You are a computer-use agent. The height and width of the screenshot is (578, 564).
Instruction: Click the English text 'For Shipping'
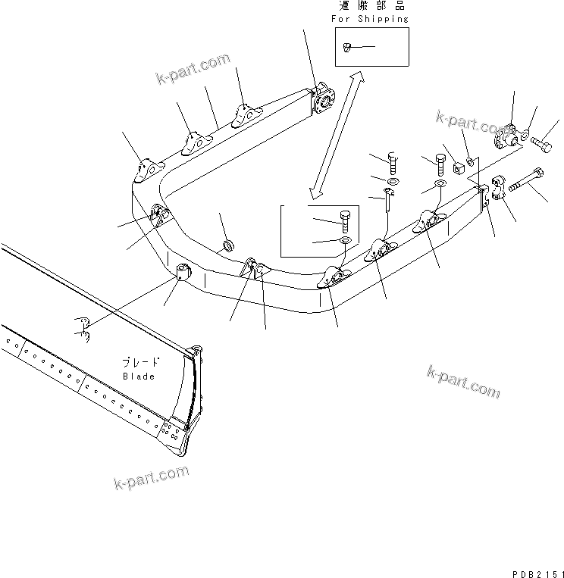(371, 18)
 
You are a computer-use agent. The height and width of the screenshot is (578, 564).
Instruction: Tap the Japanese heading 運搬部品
(371, 6)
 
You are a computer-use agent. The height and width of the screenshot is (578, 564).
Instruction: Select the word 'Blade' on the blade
(139, 376)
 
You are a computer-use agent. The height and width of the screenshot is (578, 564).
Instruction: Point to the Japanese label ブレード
(139, 362)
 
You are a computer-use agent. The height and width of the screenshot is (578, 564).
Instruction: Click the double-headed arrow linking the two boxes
(334, 133)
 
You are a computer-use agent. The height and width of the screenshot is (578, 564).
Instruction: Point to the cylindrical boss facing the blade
(182, 270)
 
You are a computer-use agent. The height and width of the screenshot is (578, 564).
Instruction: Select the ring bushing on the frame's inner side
(227, 245)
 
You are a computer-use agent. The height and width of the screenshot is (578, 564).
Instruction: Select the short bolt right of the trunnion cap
(543, 142)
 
